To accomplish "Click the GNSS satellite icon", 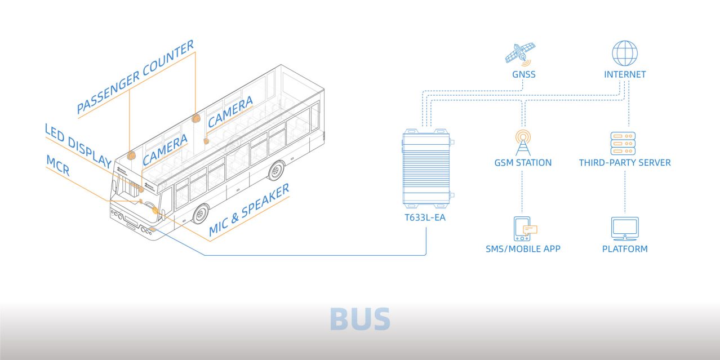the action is coord(520,54).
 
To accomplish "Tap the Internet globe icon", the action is coord(625,53).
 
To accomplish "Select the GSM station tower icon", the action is coord(523,143).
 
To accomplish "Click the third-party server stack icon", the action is coord(623,143).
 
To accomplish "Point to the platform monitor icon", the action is coord(625,229).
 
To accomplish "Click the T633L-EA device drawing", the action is coord(427,168).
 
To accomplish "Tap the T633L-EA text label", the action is coord(425,217).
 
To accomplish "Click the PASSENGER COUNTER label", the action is coord(135,77).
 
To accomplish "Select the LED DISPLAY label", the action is coord(78,146).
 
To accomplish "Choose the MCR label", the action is coord(58,165).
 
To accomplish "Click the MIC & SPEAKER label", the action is coord(249,210).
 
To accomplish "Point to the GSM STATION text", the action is coord(523,163).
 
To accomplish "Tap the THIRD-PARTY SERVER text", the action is coord(625,163).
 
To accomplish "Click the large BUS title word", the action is coord(360,319).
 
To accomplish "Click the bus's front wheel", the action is coord(201,214).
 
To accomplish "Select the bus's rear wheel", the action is coord(276,171).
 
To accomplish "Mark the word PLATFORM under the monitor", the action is coord(625,249).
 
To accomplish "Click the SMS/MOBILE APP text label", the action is coord(523,249).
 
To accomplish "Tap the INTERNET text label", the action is coord(625,74).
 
